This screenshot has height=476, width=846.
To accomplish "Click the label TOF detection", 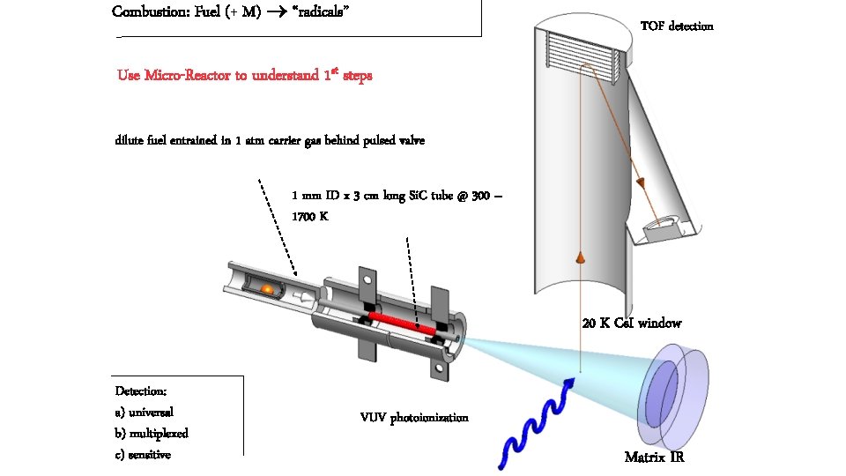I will [676, 26].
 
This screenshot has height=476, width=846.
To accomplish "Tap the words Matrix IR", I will [654, 457].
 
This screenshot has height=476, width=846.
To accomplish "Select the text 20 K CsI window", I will [631, 323].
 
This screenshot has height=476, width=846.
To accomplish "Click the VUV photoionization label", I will [414, 417].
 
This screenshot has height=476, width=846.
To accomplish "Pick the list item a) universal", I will [144, 412].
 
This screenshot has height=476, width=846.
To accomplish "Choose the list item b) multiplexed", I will [152, 434].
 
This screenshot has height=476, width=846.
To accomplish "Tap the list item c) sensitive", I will [143, 455].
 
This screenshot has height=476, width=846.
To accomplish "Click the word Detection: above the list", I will [141, 390].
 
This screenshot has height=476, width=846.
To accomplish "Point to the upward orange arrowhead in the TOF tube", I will [581, 257].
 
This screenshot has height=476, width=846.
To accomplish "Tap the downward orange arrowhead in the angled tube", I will [642, 183].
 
